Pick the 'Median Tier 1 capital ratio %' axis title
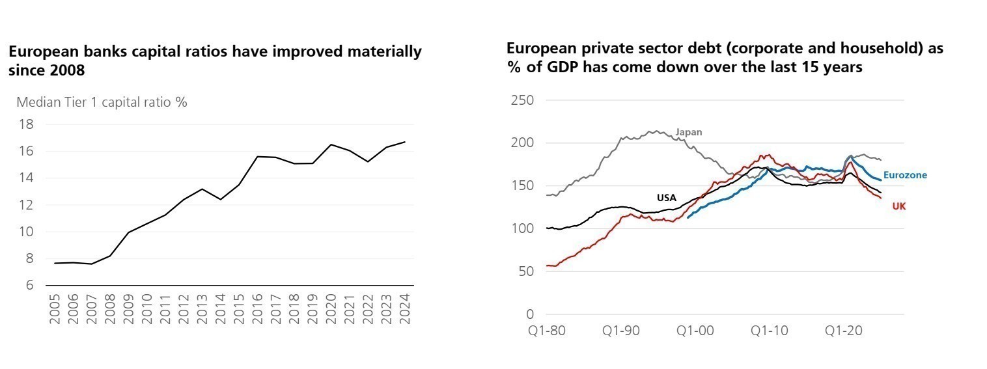102,102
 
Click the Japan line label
689,132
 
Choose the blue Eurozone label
905,175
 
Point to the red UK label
898,206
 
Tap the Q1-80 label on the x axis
548,331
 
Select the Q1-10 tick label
769,331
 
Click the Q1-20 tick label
843,331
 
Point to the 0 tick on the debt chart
529,314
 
